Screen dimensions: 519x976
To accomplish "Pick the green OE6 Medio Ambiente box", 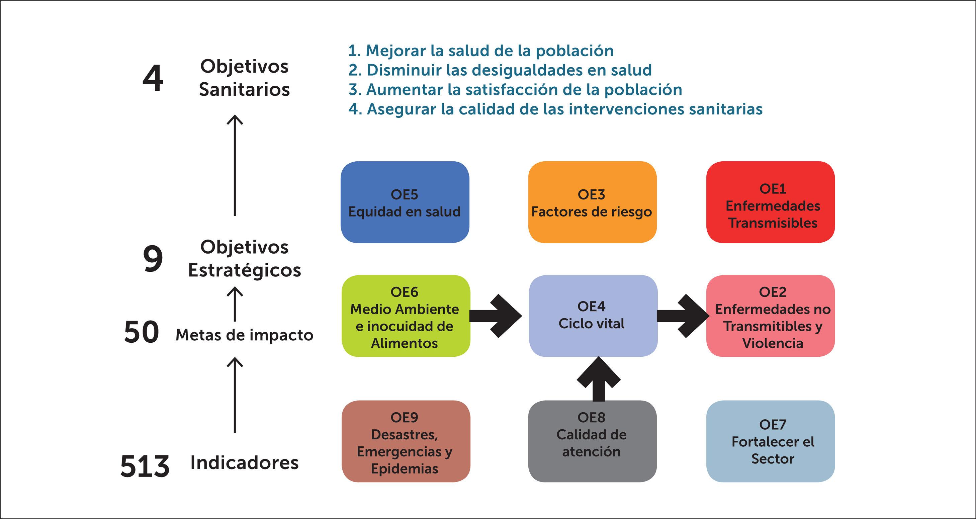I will (406, 316).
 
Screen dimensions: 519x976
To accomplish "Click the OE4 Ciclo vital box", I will (593, 316).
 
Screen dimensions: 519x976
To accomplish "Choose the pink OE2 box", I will (770, 316).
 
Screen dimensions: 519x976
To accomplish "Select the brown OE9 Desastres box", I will (406, 441).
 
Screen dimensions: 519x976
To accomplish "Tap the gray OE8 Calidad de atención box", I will (592, 441).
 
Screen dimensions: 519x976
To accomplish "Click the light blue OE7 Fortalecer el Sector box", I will (770, 441).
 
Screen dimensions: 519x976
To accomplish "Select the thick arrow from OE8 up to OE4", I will (599, 379).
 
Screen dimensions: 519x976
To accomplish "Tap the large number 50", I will (141, 332).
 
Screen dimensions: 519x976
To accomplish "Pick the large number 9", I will (153, 259).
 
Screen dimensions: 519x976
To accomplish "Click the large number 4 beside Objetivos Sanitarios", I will (153, 78).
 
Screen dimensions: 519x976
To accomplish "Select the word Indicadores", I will (244, 463).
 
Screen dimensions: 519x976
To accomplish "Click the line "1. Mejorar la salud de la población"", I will (480, 51).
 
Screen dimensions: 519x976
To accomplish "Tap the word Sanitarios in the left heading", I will (244, 90).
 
